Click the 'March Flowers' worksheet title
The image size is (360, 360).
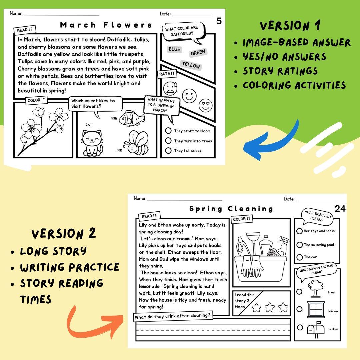point(106,25)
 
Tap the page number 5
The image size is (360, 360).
point(219,21)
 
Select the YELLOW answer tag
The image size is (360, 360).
point(191,65)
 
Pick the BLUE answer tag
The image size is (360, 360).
point(174,49)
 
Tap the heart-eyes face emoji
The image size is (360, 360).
point(206,105)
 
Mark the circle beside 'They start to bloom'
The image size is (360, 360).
point(168,131)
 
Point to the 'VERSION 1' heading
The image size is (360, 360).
point(290,26)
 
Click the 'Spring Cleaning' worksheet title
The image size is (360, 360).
point(231,209)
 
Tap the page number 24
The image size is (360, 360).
point(340,209)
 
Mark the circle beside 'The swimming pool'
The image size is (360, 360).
point(299,245)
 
